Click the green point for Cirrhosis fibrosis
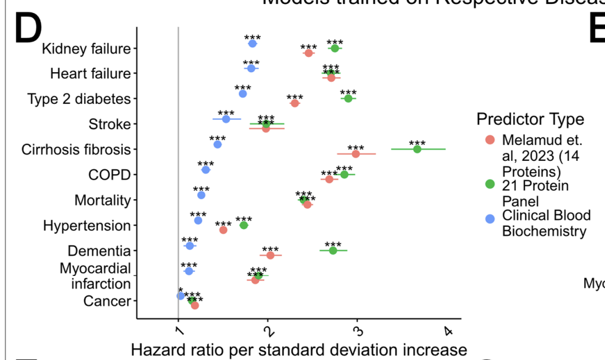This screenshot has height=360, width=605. (x=417, y=149)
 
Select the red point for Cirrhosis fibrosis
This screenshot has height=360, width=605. (x=356, y=154)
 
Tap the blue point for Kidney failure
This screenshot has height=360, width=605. (x=252, y=43)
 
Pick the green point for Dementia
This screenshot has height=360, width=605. (x=333, y=251)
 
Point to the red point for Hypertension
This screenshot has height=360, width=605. (x=223, y=230)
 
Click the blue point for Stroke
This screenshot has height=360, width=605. (x=226, y=119)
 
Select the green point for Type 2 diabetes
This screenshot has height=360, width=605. (x=348, y=98)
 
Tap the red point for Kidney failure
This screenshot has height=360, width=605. (x=308, y=53)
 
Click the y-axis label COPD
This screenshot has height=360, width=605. (x=109, y=175)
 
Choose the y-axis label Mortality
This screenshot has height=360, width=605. (x=102, y=200)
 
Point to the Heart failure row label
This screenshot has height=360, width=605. (x=90, y=73)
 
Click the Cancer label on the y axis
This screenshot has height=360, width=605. (x=107, y=301)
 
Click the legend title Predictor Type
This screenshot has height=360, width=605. (x=530, y=119)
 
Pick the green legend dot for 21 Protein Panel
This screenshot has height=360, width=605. (x=490, y=184)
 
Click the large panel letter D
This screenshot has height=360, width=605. (x=28, y=29)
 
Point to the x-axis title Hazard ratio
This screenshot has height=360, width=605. (x=299, y=350)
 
